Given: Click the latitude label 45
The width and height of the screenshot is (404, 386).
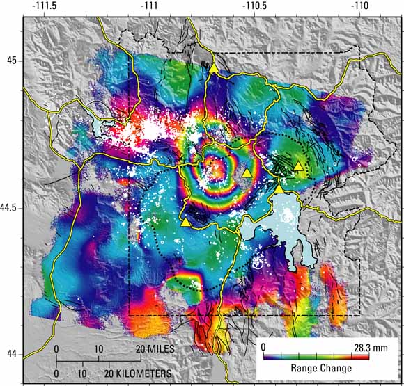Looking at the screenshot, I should [10, 61].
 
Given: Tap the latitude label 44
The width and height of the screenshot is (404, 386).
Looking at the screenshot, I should [10, 355].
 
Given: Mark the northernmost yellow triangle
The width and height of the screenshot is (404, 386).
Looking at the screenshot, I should [213, 67].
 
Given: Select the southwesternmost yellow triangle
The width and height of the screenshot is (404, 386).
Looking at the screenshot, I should [185, 223].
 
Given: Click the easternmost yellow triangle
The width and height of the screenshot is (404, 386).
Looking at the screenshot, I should [298, 166].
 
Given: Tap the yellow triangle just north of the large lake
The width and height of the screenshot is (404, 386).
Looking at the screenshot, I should [279, 188].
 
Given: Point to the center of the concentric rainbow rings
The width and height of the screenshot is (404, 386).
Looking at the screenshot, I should [217, 169].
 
